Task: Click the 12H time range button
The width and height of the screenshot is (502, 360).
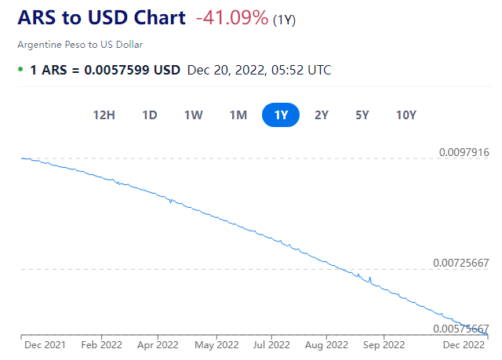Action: tap(104, 115)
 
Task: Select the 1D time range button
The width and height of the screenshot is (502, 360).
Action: tap(150, 115)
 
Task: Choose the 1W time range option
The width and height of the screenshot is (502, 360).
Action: tap(194, 115)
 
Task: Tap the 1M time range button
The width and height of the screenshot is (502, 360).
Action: tap(238, 115)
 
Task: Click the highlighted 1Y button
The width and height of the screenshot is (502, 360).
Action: tap(281, 115)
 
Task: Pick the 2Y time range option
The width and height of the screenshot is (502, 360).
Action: tap(322, 115)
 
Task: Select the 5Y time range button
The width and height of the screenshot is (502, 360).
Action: tap(362, 115)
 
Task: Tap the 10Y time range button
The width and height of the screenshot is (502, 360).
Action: tap(406, 115)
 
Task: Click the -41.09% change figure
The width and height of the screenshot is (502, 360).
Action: tap(231, 18)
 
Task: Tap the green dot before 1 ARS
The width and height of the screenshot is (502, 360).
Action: tap(20, 69)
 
